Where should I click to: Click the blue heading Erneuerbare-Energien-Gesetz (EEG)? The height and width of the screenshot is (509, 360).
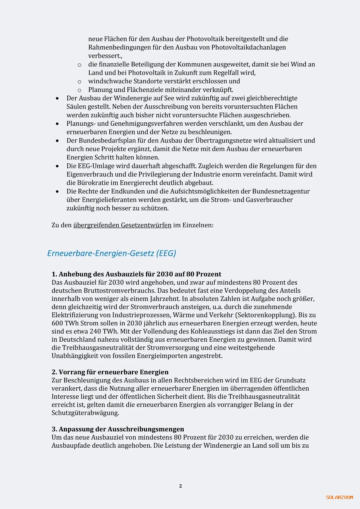[x=111, y=253]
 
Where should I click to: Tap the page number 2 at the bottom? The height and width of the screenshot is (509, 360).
[x=180, y=486]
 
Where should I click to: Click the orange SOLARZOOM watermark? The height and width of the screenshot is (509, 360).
[x=339, y=497]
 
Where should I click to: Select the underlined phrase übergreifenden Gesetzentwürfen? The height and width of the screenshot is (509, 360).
[x=122, y=225]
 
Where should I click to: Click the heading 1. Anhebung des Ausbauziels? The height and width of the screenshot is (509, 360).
[x=136, y=274]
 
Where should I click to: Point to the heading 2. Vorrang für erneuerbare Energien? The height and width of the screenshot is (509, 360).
[x=110, y=372]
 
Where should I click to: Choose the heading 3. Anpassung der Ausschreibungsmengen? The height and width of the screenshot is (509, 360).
[x=118, y=429]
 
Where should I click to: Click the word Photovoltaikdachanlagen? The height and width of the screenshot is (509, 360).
[x=248, y=47]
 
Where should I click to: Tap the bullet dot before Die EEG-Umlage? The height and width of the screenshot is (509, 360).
[x=57, y=166]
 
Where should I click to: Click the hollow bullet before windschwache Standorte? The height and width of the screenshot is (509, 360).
[x=79, y=82]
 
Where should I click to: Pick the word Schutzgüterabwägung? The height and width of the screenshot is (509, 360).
[x=85, y=413]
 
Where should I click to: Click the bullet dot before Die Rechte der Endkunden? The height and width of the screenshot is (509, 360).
[x=57, y=191]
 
